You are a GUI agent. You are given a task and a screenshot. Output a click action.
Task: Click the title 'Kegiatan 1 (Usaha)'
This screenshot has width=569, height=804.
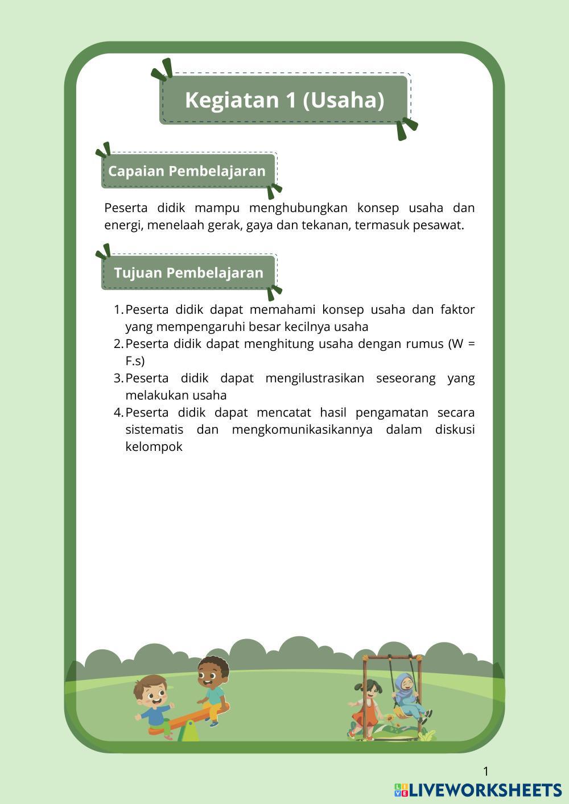tap(284, 100)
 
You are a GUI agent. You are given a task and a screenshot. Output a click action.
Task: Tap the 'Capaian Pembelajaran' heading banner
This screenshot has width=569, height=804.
tap(187, 171)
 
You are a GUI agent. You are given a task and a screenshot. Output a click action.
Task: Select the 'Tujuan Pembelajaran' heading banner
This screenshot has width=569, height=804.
tap(188, 272)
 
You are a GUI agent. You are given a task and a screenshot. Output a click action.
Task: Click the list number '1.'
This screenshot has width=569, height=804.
tap(118, 310)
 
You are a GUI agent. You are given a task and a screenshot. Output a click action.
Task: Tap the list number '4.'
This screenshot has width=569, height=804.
tap(118, 412)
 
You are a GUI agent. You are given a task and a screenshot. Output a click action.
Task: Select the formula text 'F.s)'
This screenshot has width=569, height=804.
tap(135, 361)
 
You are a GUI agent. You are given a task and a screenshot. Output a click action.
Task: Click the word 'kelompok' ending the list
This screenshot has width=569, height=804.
tap(154, 447)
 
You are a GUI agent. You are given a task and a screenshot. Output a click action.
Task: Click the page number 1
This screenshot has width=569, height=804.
tap(486, 772)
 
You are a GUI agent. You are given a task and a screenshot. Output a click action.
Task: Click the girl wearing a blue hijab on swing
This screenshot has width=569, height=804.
tap(407, 695)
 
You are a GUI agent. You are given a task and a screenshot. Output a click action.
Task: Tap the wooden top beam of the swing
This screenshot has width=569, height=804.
tap(393, 658)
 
